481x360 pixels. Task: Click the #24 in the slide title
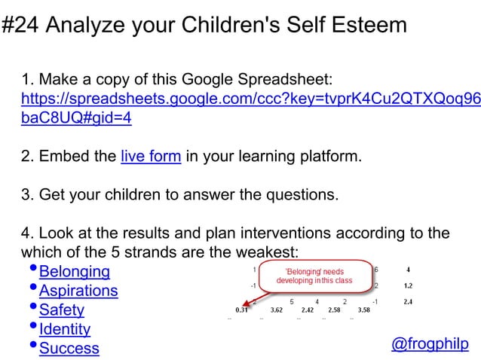pyautogui.click(x=20, y=26)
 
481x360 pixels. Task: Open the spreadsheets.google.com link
pyautogui.click(x=249, y=99)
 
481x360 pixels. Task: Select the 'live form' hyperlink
pyautogui.click(x=150, y=157)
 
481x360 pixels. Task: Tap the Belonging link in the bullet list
pyautogui.click(x=74, y=271)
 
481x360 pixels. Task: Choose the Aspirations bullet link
pyautogui.click(x=78, y=291)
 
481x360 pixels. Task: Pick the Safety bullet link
pyautogui.click(x=61, y=310)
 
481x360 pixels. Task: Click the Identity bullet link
pyautogui.click(x=64, y=329)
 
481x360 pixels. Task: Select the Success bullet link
pyautogui.click(x=69, y=348)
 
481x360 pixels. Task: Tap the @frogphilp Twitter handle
pyautogui.click(x=429, y=344)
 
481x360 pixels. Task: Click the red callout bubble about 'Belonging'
pyautogui.click(x=314, y=276)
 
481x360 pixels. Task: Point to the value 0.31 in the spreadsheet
pyautogui.click(x=242, y=310)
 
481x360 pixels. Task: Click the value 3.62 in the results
pyautogui.click(x=277, y=310)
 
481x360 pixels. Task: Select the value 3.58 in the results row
pyautogui.click(x=363, y=310)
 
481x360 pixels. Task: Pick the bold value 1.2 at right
pyautogui.click(x=407, y=286)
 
